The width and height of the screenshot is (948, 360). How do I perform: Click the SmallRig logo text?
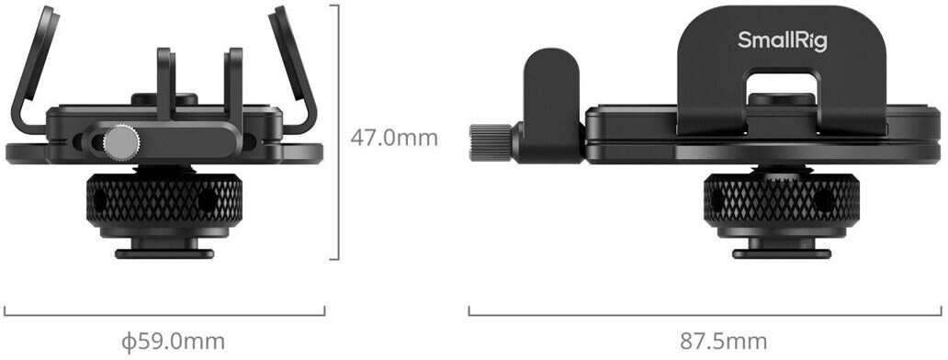click(783, 41)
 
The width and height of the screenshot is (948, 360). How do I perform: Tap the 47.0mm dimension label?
click(393, 138)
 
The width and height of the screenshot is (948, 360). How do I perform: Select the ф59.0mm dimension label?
click(173, 342)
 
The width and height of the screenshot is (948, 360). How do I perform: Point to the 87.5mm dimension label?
click(724, 342)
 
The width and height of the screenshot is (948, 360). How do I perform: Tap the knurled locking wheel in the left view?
click(164, 200)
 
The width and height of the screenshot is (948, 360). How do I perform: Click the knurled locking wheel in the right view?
click(781, 200)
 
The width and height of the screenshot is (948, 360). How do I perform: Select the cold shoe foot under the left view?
click(164, 248)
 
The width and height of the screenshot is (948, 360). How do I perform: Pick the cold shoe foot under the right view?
click(781, 248)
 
